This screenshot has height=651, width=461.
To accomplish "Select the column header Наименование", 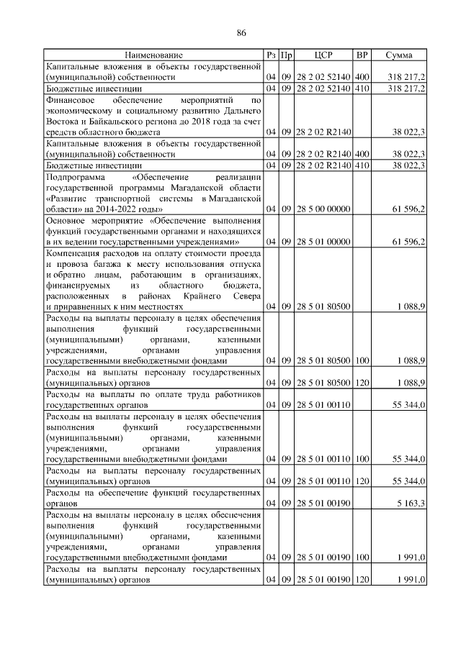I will (x=153, y=55).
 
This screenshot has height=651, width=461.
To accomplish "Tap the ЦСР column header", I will (x=323, y=55).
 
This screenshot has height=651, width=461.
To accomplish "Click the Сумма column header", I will (x=398, y=55).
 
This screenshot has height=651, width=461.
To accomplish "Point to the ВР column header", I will (x=362, y=55).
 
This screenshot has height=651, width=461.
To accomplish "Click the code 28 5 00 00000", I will (x=323, y=209).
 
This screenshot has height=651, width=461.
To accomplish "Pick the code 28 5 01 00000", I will (x=323, y=242).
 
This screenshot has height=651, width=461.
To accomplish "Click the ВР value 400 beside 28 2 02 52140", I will (x=362, y=76).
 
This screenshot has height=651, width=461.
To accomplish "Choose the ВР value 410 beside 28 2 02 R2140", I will (x=362, y=165).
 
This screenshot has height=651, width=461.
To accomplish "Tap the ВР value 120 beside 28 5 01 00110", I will (x=362, y=481).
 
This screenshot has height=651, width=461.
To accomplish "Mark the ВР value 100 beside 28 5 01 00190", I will (x=362, y=557).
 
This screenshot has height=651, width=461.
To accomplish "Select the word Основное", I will (x=68, y=220).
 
